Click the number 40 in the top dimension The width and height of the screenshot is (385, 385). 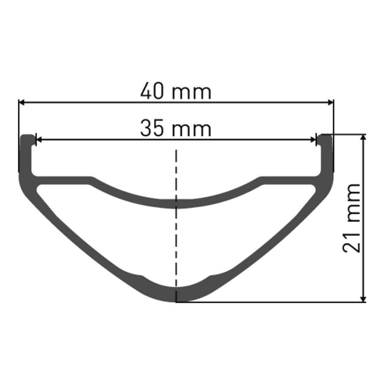152,91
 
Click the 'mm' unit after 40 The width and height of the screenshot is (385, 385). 192,92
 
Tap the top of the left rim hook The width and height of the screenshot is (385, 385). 28,136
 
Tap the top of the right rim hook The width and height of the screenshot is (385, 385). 327,136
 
